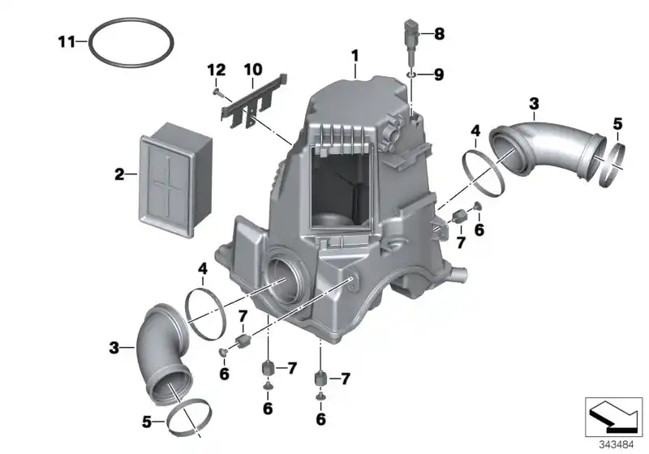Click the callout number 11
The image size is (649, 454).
coord(66,41)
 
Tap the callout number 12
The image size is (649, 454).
coord(215,71)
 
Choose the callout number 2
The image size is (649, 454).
coord(119,173)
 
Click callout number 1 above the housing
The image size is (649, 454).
coord(355,55)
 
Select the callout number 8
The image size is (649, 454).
coord(439,33)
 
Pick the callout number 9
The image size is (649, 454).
coord(439,75)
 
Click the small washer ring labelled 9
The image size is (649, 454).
coord(413,75)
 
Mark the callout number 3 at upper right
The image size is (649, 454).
coord(533,103)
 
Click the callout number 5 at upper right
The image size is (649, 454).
coord(617,124)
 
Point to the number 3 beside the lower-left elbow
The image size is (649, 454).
coord(114,348)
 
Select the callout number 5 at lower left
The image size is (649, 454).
coord(147,421)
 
